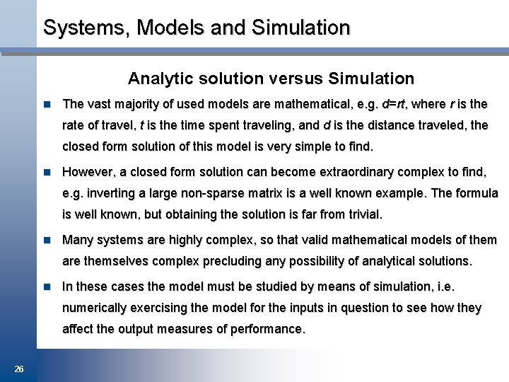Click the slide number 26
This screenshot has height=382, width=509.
click(x=19, y=369)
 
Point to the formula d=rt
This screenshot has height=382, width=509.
click(x=394, y=104)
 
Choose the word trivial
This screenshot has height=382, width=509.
click(x=361, y=214)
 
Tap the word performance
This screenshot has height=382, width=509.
click(x=268, y=329)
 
